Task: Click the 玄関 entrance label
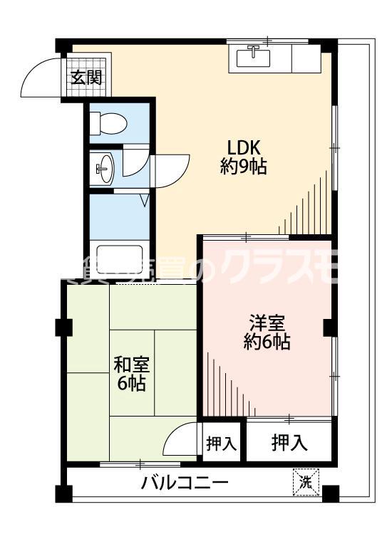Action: (x=85, y=78)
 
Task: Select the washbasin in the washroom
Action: (x=103, y=168)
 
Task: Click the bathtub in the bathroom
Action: (x=120, y=261)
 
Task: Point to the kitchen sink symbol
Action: (x=253, y=56)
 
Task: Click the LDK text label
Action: (x=246, y=147)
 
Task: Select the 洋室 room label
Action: (x=268, y=321)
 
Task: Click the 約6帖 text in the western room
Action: (x=268, y=342)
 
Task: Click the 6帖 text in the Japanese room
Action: (x=131, y=384)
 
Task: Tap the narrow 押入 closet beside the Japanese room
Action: (x=221, y=444)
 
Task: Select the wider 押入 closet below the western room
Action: (x=289, y=443)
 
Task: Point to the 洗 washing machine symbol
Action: (x=306, y=482)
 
